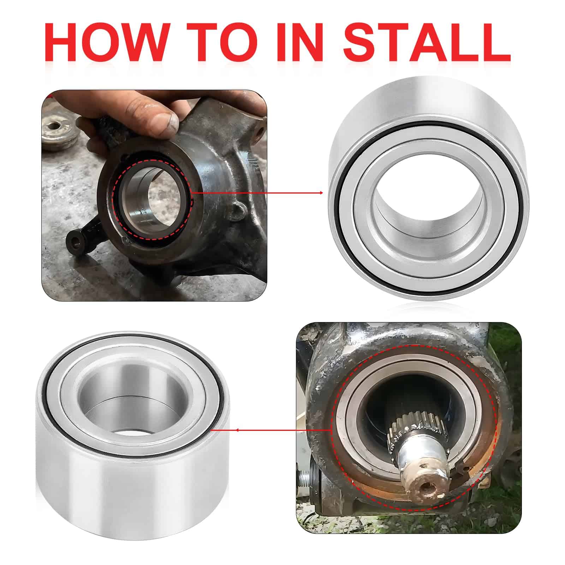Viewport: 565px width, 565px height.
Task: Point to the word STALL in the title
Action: pos(427,43)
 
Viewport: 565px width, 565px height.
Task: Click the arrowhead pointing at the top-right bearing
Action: pos(321,193)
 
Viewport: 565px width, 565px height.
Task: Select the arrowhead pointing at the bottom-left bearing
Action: pos(237,430)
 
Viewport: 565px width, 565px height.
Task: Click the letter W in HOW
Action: pos(143,43)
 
